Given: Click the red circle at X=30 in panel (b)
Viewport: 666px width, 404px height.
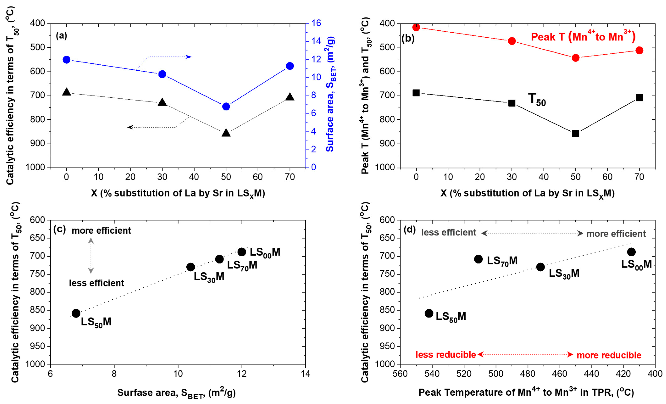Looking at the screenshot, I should [512, 41].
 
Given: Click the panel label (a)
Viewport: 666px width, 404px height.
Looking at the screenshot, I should [61, 36].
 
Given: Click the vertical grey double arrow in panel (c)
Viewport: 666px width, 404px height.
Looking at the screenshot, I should [91, 256].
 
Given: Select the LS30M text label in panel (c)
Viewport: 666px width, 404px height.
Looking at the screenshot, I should [209, 277].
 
